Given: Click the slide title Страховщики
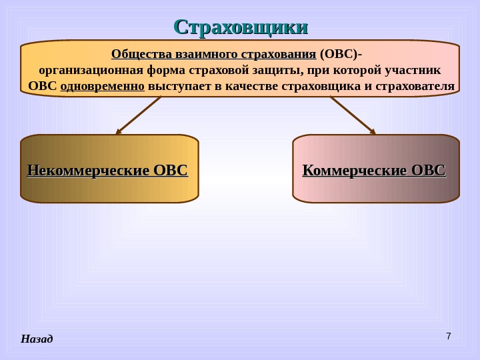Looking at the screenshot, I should click(241, 27).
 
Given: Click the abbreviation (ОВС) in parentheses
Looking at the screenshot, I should click(340, 54).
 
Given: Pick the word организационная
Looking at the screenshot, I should click(85, 70).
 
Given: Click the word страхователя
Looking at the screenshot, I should click(415, 87).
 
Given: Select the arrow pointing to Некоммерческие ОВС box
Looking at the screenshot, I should click(139, 115).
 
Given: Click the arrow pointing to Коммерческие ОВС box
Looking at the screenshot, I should click(353, 115).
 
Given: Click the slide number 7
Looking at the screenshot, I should click(448, 335).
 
